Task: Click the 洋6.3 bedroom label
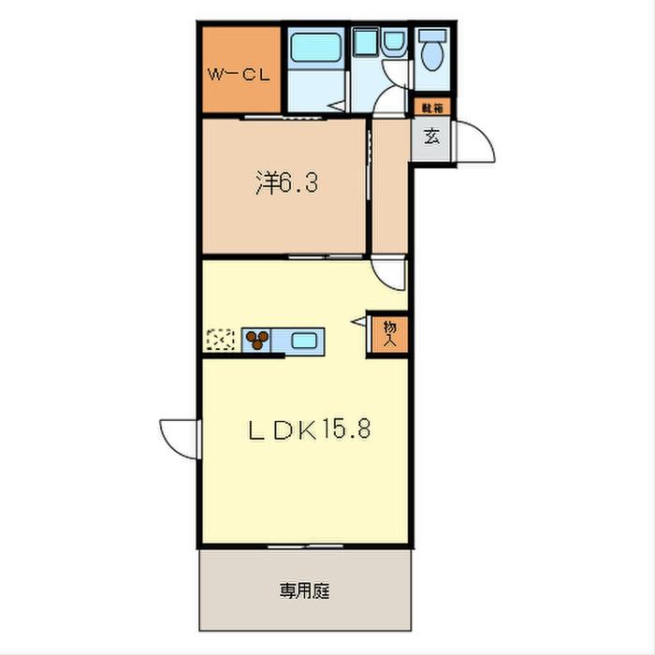click(x=287, y=182)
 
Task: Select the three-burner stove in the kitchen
click(x=257, y=340)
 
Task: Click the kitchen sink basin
click(x=305, y=340)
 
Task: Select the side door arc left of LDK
click(x=178, y=435)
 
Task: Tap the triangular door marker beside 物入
click(x=358, y=322)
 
